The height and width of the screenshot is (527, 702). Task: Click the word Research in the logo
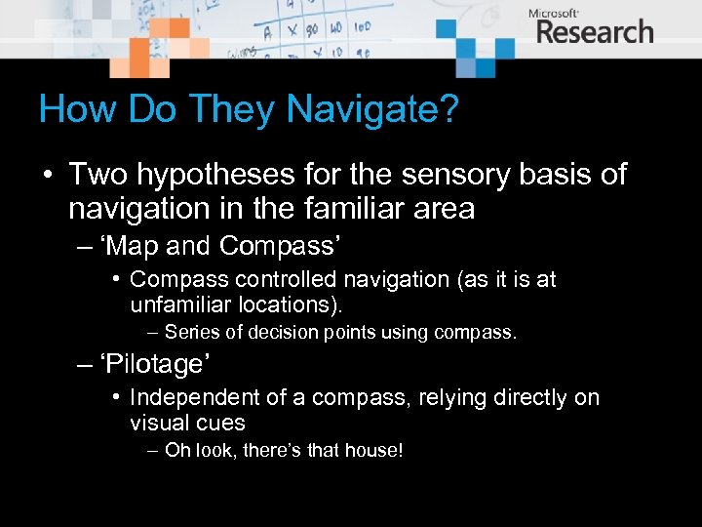coord(595,31)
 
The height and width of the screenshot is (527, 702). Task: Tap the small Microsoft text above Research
coord(553,13)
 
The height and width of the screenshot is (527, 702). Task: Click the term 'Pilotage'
coord(157,364)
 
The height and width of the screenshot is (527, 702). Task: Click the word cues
coord(221,423)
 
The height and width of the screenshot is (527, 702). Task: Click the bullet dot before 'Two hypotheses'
coord(47,176)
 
